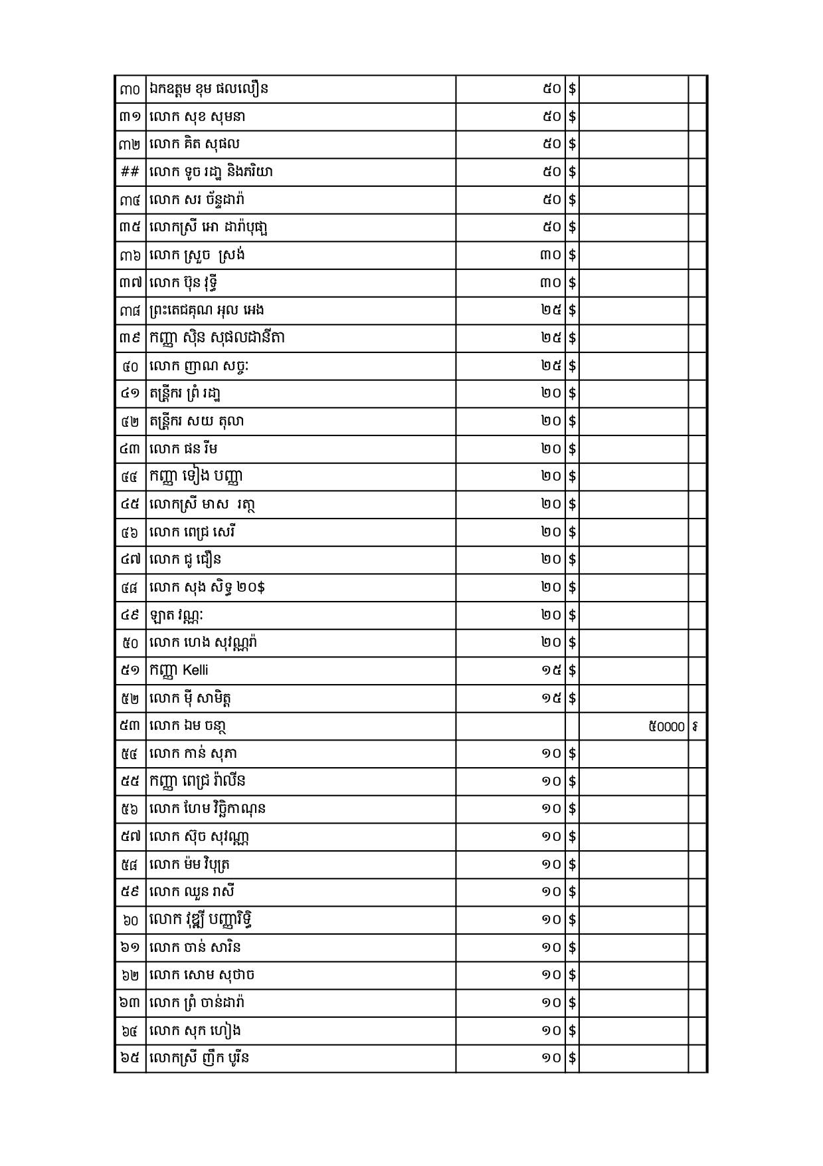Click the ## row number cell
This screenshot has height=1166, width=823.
click(130, 172)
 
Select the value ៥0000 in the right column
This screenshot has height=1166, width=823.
click(666, 727)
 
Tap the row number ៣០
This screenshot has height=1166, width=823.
click(130, 89)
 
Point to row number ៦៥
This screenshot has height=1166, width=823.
click(130, 1058)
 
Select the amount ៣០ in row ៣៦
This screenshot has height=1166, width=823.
click(551, 255)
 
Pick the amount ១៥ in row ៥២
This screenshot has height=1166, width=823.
click(551, 698)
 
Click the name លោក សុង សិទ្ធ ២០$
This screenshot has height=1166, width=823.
click(208, 587)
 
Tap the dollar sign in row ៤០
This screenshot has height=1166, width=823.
click(572, 366)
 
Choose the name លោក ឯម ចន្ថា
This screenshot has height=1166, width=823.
click(189, 726)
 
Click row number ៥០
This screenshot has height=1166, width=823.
click(130, 643)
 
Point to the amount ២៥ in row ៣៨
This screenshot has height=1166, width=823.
click(551, 310)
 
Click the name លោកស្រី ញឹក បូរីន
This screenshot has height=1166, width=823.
click(200, 1058)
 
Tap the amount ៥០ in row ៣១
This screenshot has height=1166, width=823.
click(551, 117)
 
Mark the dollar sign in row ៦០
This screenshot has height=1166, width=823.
click(572, 919)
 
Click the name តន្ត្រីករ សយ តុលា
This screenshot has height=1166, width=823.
click(197, 421)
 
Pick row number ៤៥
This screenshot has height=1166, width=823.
click(130, 505)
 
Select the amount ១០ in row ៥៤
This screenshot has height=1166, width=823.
click(551, 753)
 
